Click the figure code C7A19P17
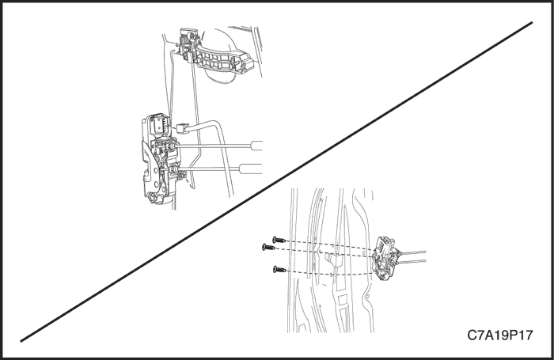499,335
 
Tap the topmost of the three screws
279,241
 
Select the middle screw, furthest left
269,247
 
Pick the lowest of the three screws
279,270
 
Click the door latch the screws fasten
386,259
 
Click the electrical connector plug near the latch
184,128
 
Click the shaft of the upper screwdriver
212,146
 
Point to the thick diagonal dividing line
276,182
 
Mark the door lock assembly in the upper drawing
160,159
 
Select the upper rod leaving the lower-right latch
412,253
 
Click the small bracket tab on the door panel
334,260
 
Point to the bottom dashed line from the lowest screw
329,273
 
